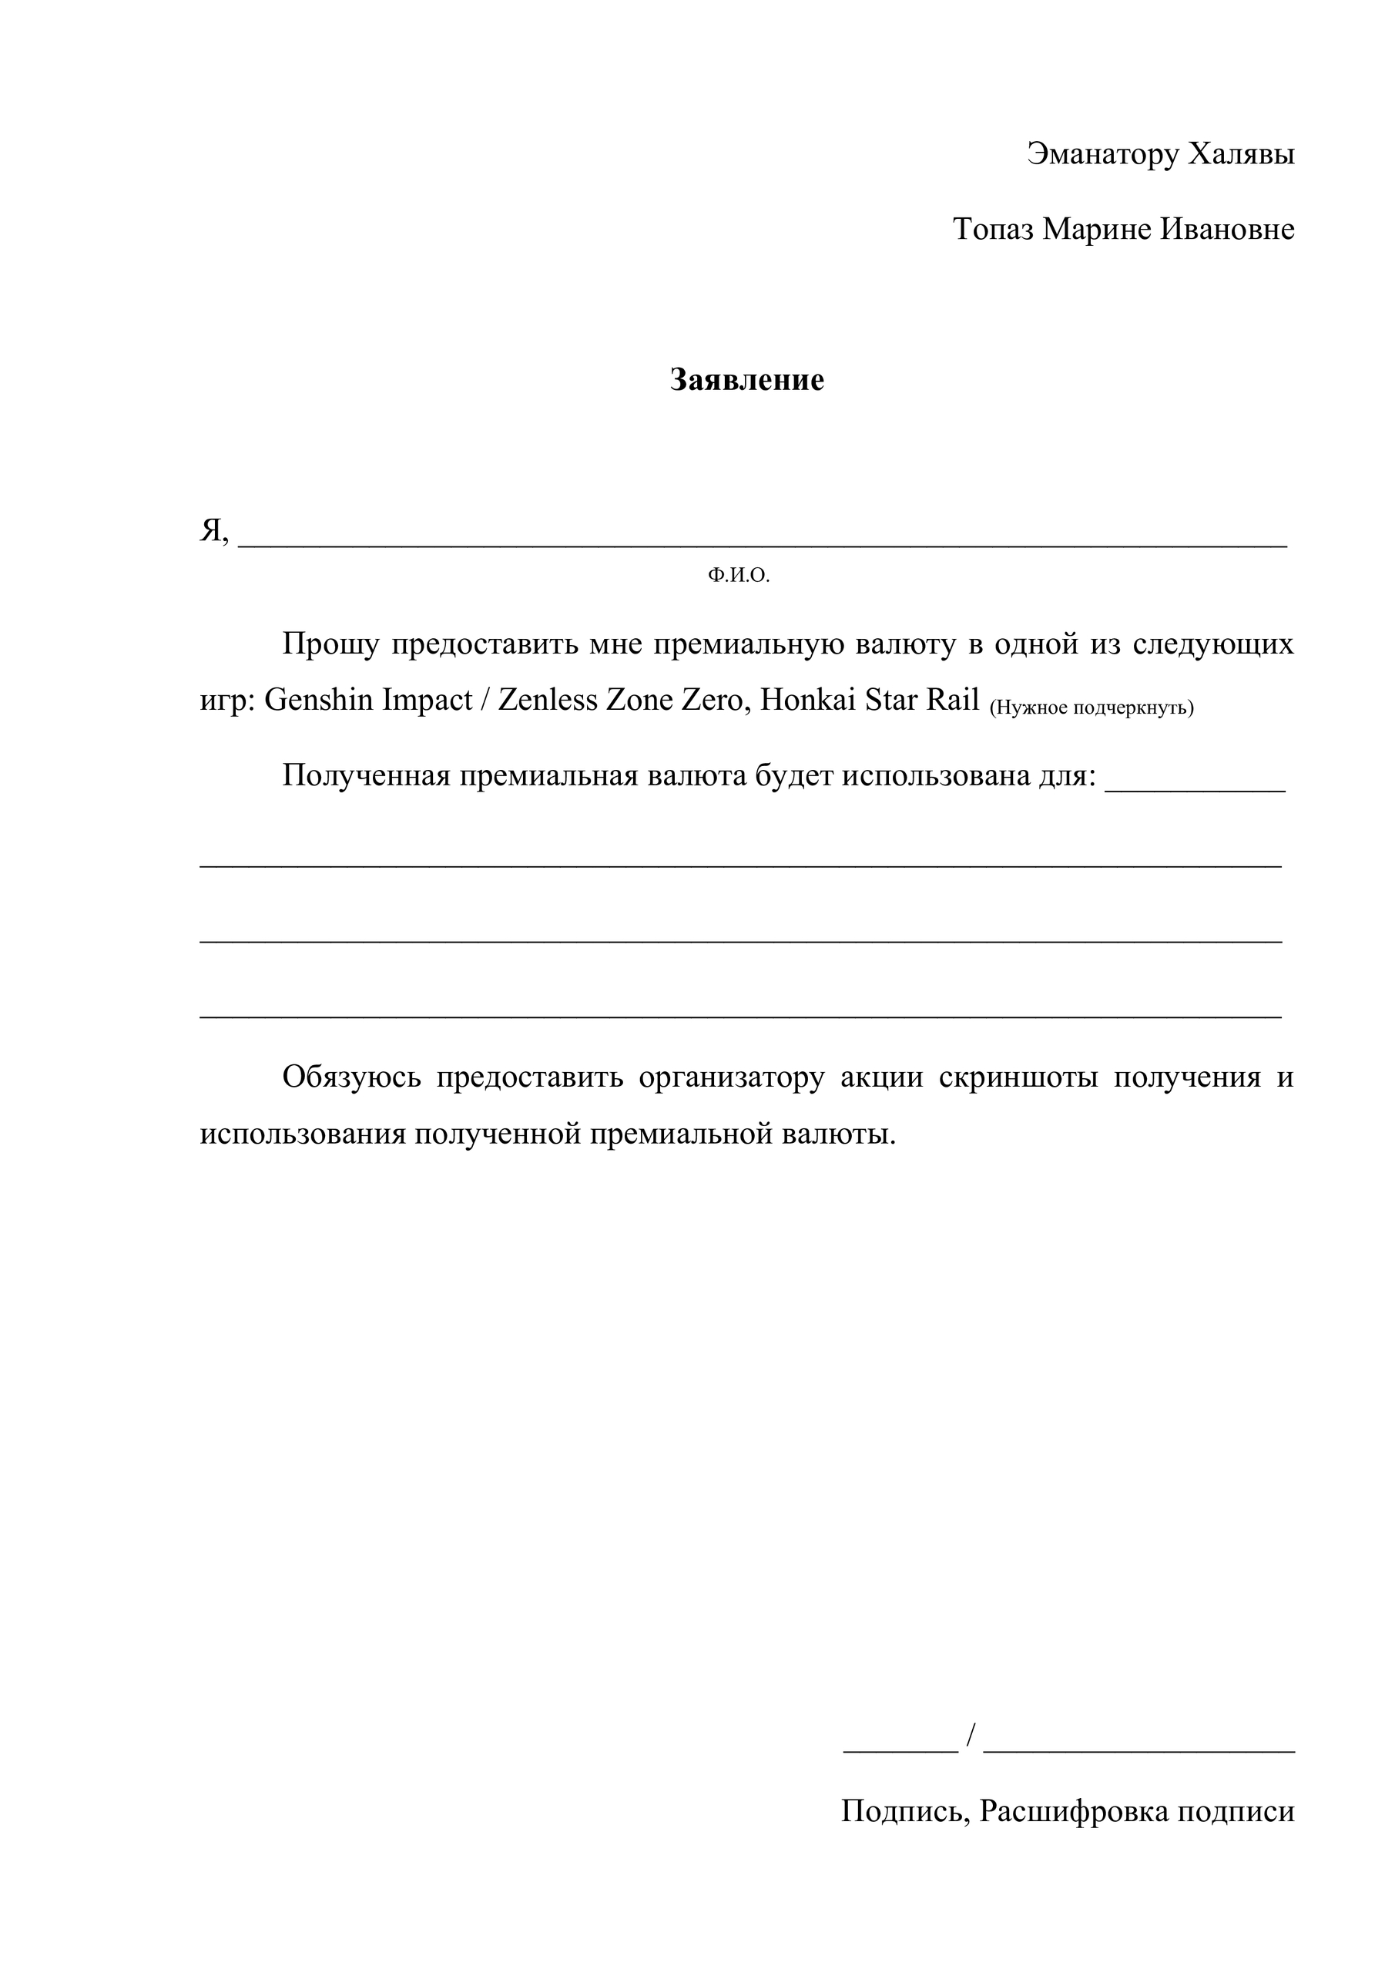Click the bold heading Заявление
point(746,380)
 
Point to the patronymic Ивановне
point(1228,230)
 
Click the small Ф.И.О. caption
point(739,576)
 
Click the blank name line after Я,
point(762,539)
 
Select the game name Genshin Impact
point(367,701)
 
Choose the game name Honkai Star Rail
point(870,701)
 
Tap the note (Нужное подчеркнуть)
point(1092,708)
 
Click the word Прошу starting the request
point(330,644)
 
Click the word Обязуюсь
point(352,1077)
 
